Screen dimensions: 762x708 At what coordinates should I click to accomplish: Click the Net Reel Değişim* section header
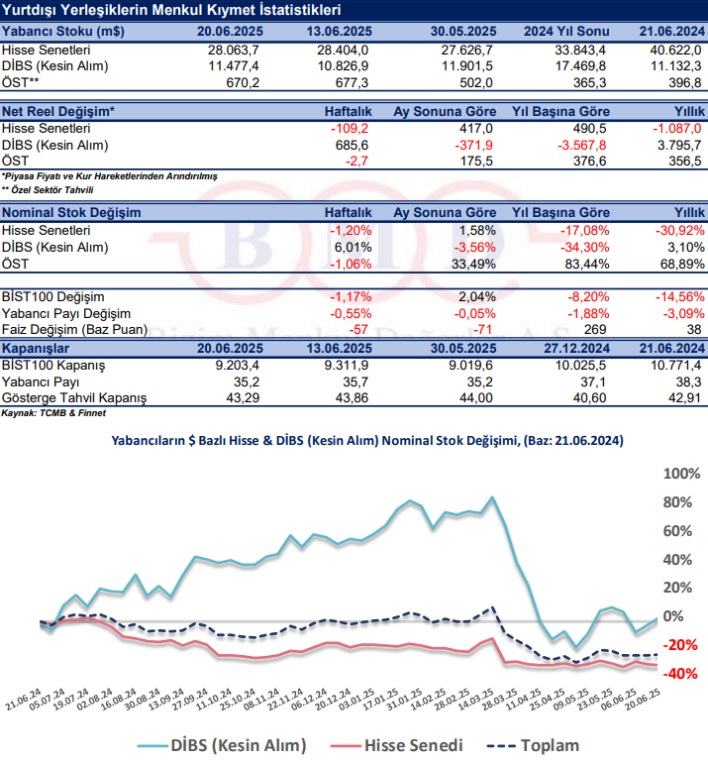coord(57,112)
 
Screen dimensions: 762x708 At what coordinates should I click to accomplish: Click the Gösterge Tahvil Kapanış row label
coord(74,397)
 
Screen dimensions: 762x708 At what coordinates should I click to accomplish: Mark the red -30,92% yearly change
coord(679,230)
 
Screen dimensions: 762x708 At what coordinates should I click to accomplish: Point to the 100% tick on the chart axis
coord(681,474)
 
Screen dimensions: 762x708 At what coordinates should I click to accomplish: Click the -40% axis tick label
coord(681,673)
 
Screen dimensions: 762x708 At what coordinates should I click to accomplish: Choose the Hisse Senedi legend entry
coord(404,744)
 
